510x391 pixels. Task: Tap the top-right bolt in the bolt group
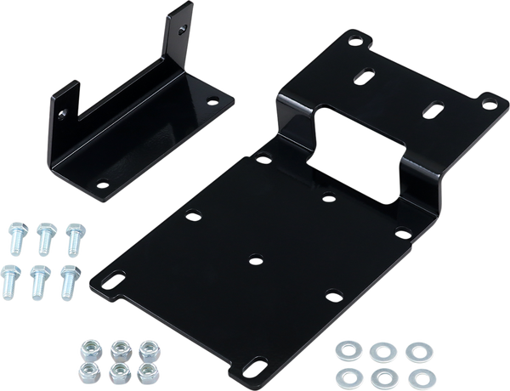coord(73,235)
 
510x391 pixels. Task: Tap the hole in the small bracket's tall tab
coord(180,25)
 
